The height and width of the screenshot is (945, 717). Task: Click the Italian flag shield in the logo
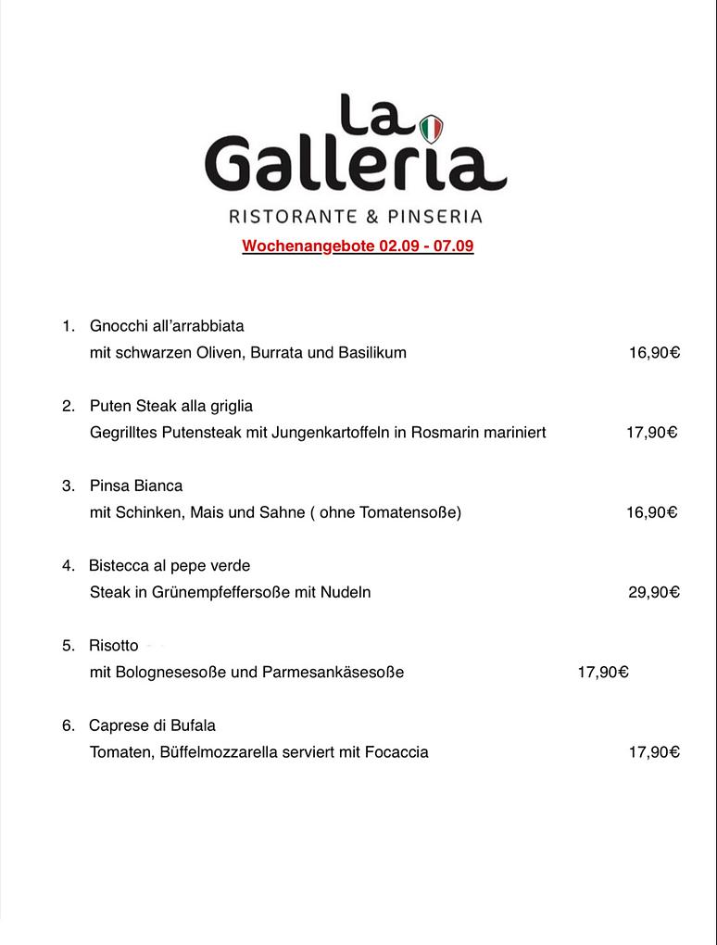[432, 129]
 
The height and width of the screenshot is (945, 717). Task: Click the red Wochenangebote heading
[358, 246]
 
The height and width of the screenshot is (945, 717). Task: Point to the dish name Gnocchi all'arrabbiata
[167, 326]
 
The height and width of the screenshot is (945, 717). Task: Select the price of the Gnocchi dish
[654, 353]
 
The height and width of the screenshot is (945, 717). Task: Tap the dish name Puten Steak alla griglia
[171, 406]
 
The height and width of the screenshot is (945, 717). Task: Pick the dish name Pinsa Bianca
[136, 485]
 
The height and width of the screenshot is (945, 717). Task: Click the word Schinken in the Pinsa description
[151, 512]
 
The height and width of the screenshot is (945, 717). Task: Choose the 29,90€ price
[654, 592]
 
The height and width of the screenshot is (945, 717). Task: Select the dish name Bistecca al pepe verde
[170, 565]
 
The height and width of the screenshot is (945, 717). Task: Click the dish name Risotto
[114, 646]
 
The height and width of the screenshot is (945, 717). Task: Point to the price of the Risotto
[603, 673]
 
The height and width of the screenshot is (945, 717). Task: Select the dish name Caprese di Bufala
[152, 725]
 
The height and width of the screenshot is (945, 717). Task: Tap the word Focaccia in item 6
[396, 752]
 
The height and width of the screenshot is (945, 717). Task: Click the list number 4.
[68, 565]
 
